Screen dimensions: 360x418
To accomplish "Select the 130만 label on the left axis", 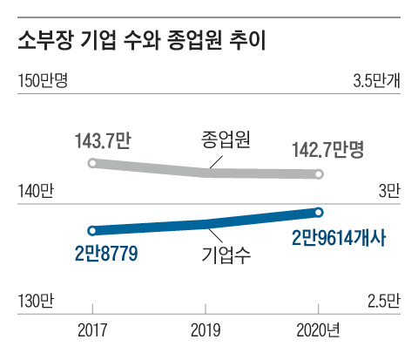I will coord(35,302).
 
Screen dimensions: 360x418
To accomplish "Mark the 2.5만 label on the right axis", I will coord(383,302).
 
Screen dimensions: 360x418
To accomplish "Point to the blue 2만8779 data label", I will coord(107,255).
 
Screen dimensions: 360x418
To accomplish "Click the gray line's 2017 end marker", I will coord(93,163).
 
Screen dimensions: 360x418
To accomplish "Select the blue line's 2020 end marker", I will coord(319,212).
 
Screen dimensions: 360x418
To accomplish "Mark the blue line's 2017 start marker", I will coord(93,231).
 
